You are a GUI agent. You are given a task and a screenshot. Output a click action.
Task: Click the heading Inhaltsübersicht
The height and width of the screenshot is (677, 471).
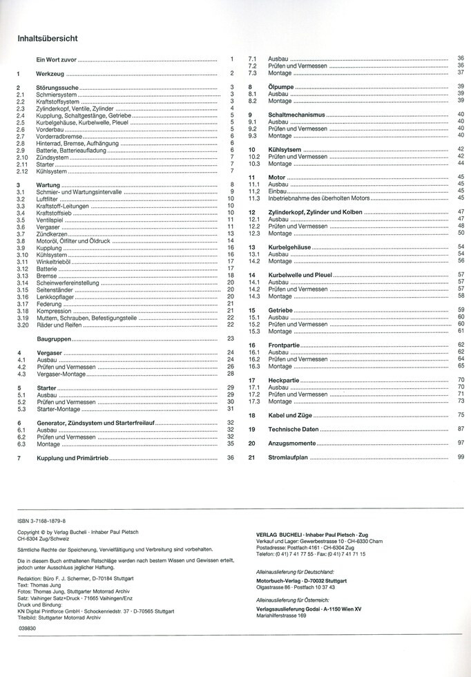pos(48,39)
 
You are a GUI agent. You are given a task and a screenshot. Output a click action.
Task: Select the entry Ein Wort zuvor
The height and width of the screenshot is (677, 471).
pos(57,60)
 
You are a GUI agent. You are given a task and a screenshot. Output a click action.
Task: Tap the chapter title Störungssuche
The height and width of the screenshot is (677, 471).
pos(57,88)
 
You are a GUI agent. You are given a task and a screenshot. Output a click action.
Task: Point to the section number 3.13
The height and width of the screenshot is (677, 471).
pos(23,276)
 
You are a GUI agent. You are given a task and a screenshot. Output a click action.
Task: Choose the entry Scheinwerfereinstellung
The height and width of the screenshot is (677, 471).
pos(68,283)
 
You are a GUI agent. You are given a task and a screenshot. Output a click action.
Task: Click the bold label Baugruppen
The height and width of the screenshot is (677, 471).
pos(53,339)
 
